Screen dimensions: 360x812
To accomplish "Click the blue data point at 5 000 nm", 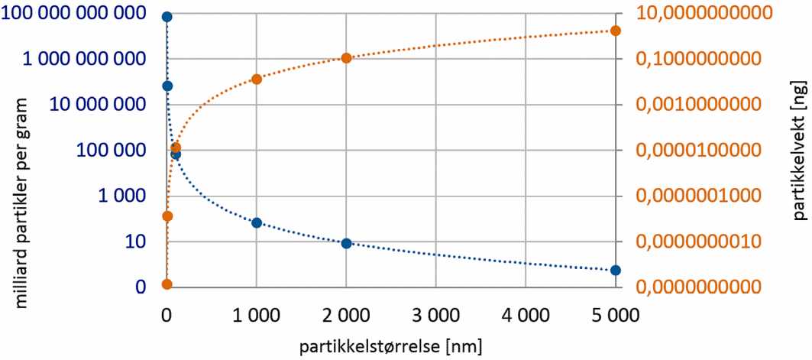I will [616, 271].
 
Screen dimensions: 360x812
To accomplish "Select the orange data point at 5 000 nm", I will [616, 31].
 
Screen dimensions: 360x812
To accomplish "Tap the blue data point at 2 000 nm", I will [346, 243].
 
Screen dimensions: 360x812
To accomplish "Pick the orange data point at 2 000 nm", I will [346, 58].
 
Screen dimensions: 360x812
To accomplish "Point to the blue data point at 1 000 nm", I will [257, 222].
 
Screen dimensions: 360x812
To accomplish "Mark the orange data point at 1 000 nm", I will [257, 79].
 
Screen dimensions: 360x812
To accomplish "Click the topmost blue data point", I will [167, 17].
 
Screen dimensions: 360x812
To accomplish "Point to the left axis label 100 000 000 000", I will [74, 13].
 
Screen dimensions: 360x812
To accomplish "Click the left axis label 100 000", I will [111, 151].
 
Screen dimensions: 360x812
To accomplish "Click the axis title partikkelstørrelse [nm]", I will [391, 345].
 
